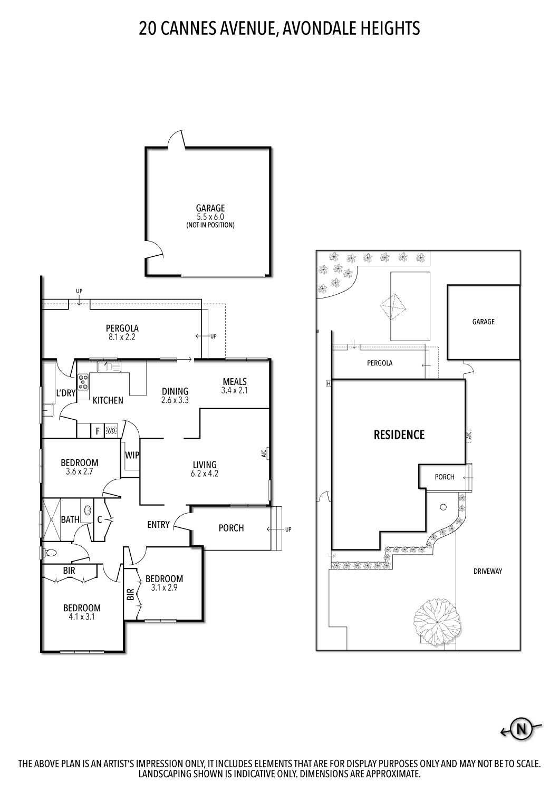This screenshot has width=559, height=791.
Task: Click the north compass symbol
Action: point(521,729)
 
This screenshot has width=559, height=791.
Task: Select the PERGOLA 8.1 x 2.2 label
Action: point(122,332)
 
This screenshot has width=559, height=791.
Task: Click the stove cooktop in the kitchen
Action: point(83,381)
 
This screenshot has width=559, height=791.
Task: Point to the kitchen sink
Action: point(109,366)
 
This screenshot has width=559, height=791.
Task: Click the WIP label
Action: point(132,455)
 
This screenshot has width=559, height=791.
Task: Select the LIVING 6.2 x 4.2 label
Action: point(205,469)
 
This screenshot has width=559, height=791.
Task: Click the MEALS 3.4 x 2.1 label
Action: point(235,385)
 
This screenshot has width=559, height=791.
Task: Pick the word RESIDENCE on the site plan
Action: point(399,435)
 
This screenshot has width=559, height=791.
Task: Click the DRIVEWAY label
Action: point(487,571)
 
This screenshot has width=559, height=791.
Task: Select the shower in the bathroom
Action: point(53,519)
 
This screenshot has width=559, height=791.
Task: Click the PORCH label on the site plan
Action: point(444,477)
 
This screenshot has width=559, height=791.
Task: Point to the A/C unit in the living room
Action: point(267,454)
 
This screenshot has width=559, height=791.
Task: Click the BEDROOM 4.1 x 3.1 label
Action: point(82,612)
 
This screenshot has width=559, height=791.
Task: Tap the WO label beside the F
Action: point(111,431)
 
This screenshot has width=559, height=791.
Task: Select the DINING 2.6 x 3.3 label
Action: point(175,395)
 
